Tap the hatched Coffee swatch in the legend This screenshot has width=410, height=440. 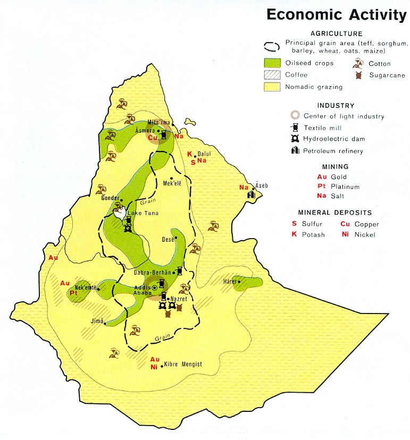pyautogui.click(x=272, y=75)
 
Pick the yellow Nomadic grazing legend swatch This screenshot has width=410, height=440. pyautogui.click(x=272, y=87)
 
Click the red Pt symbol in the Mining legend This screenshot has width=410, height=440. pyautogui.click(x=321, y=187)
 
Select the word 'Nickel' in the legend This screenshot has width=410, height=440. pyautogui.click(x=365, y=234)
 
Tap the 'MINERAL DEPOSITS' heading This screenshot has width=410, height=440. pyautogui.click(x=335, y=213)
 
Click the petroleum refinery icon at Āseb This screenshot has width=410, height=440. pyautogui.click(x=251, y=195)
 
